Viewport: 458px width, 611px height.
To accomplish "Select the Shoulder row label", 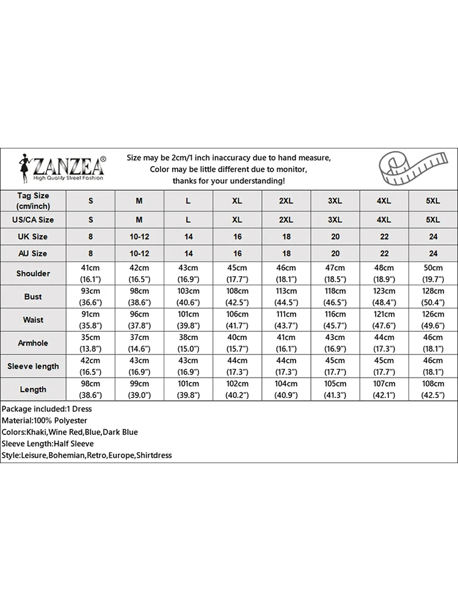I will click(x=33, y=273).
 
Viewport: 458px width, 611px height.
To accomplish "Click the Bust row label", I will click(x=33, y=296).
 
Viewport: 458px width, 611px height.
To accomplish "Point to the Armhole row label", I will click(x=33, y=343).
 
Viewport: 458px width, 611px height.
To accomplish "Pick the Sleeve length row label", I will click(x=33, y=366).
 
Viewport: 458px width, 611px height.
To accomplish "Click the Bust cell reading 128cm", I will click(x=433, y=296).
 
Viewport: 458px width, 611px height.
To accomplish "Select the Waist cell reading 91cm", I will click(x=91, y=320).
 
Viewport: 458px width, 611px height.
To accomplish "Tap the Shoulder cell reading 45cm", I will click(x=238, y=273).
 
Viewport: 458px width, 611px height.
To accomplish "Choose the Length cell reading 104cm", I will click(x=286, y=389).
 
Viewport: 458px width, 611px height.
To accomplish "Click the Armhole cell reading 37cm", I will click(x=139, y=343).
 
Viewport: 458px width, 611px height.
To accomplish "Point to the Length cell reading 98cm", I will click(x=91, y=389).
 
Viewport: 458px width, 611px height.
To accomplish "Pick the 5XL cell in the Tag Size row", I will click(x=433, y=200).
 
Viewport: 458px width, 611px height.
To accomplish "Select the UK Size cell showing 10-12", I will click(x=139, y=236).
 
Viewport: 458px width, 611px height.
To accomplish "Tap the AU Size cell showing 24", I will click(x=433, y=253).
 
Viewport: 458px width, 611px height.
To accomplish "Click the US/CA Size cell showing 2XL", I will click(x=286, y=219).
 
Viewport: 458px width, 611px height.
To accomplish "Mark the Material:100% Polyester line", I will click(x=45, y=420).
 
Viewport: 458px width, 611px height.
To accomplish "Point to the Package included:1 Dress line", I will click(x=46, y=409).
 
